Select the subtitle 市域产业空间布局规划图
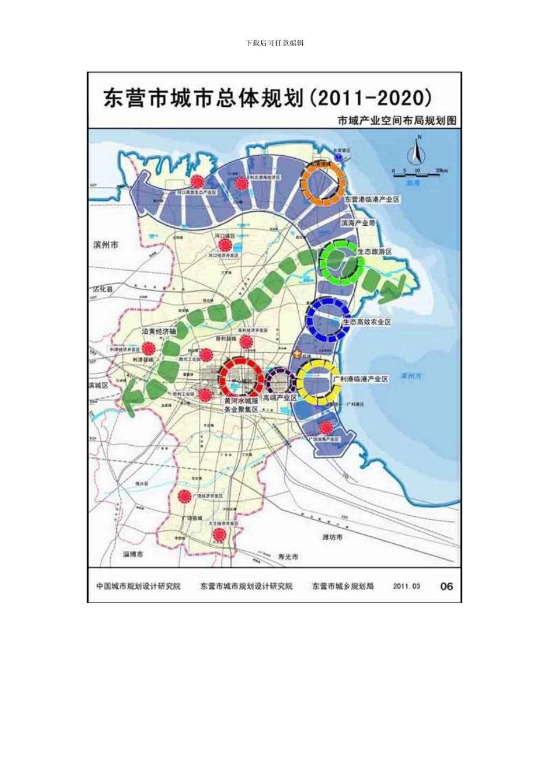pyautogui.click(x=397, y=121)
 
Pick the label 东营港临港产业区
pyautogui.click(x=372, y=199)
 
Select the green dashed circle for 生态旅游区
pyautogui.click(x=342, y=262)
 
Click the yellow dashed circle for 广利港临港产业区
pyautogui.click(x=318, y=382)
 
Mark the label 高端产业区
pyautogui.click(x=280, y=398)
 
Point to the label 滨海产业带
pyautogui.click(x=358, y=223)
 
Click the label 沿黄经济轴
pyautogui.click(x=159, y=332)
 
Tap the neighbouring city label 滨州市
pyautogui.click(x=106, y=245)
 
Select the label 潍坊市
pyautogui.click(x=332, y=537)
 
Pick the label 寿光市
pyautogui.click(x=288, y=557)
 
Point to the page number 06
pyautogui.click(x=447, y=586)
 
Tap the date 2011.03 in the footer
pyautogui.click(x=407, y=586)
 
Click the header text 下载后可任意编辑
pyautogui.click(x=274, y=43)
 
